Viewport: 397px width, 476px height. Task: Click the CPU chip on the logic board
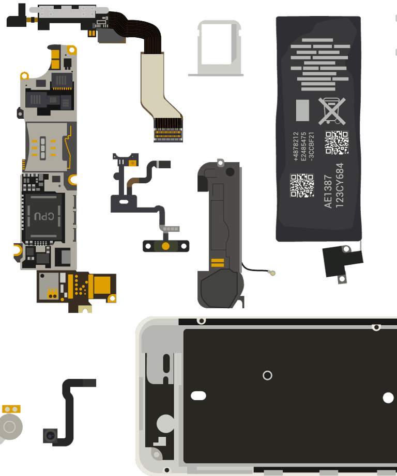[44, 217]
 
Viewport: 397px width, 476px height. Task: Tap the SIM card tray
[216, 48]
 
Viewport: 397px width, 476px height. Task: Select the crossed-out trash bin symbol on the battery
[332, 111]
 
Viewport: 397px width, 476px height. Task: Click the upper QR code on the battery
[337, 142]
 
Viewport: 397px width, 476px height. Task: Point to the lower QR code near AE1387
[302, 185]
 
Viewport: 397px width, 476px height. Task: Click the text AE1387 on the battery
[328, 191]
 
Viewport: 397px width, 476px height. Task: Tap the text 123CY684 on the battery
[340, 185]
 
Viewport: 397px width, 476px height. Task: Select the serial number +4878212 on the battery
[296, 146]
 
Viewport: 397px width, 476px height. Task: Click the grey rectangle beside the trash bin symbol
[302, 110]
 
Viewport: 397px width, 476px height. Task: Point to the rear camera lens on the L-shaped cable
[50, 436]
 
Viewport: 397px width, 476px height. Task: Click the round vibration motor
[10, 427]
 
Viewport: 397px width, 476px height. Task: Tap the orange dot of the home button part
[165, 246]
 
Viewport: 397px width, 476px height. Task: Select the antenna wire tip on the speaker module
[272, 273]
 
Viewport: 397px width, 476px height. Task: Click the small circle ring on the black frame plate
[267, 375]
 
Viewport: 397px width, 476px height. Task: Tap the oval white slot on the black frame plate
[198, 395]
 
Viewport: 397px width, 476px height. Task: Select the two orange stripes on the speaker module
[218, 263]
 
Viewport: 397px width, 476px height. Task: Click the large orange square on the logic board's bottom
[102, 285]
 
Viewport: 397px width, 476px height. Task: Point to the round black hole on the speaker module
[230, 172]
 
